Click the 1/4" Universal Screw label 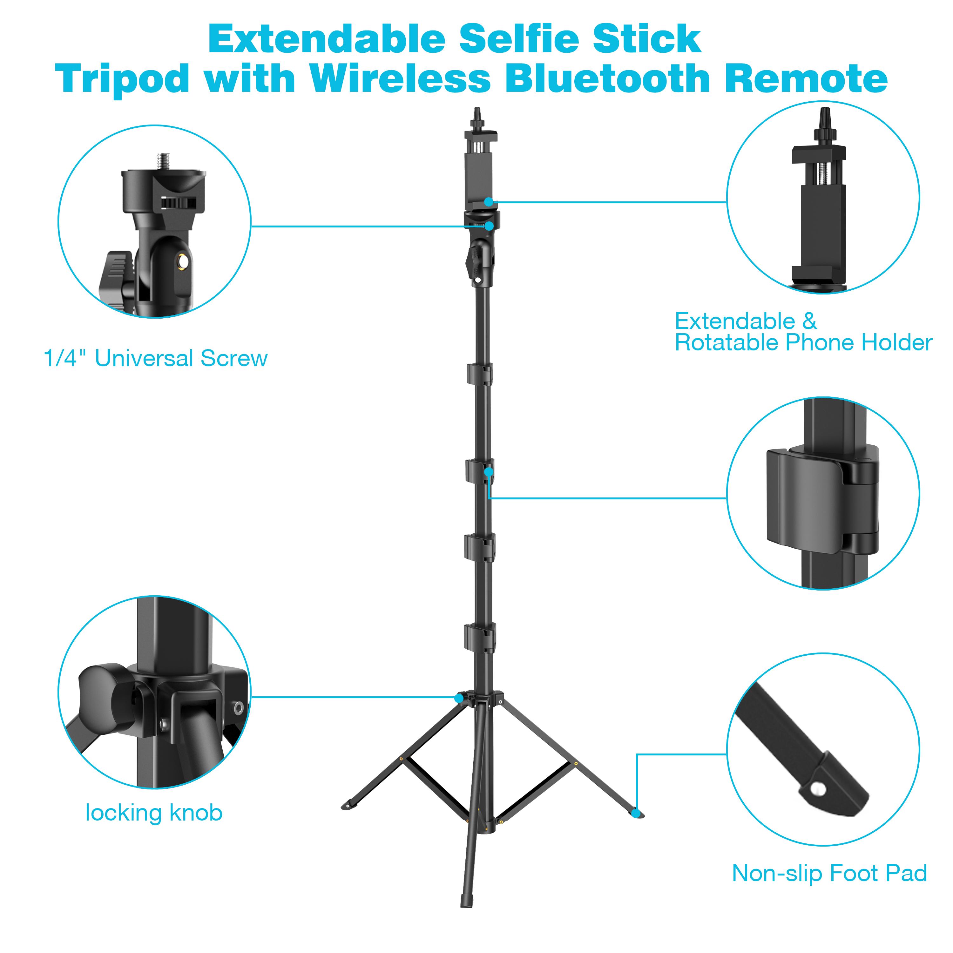[x=155, y=359]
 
